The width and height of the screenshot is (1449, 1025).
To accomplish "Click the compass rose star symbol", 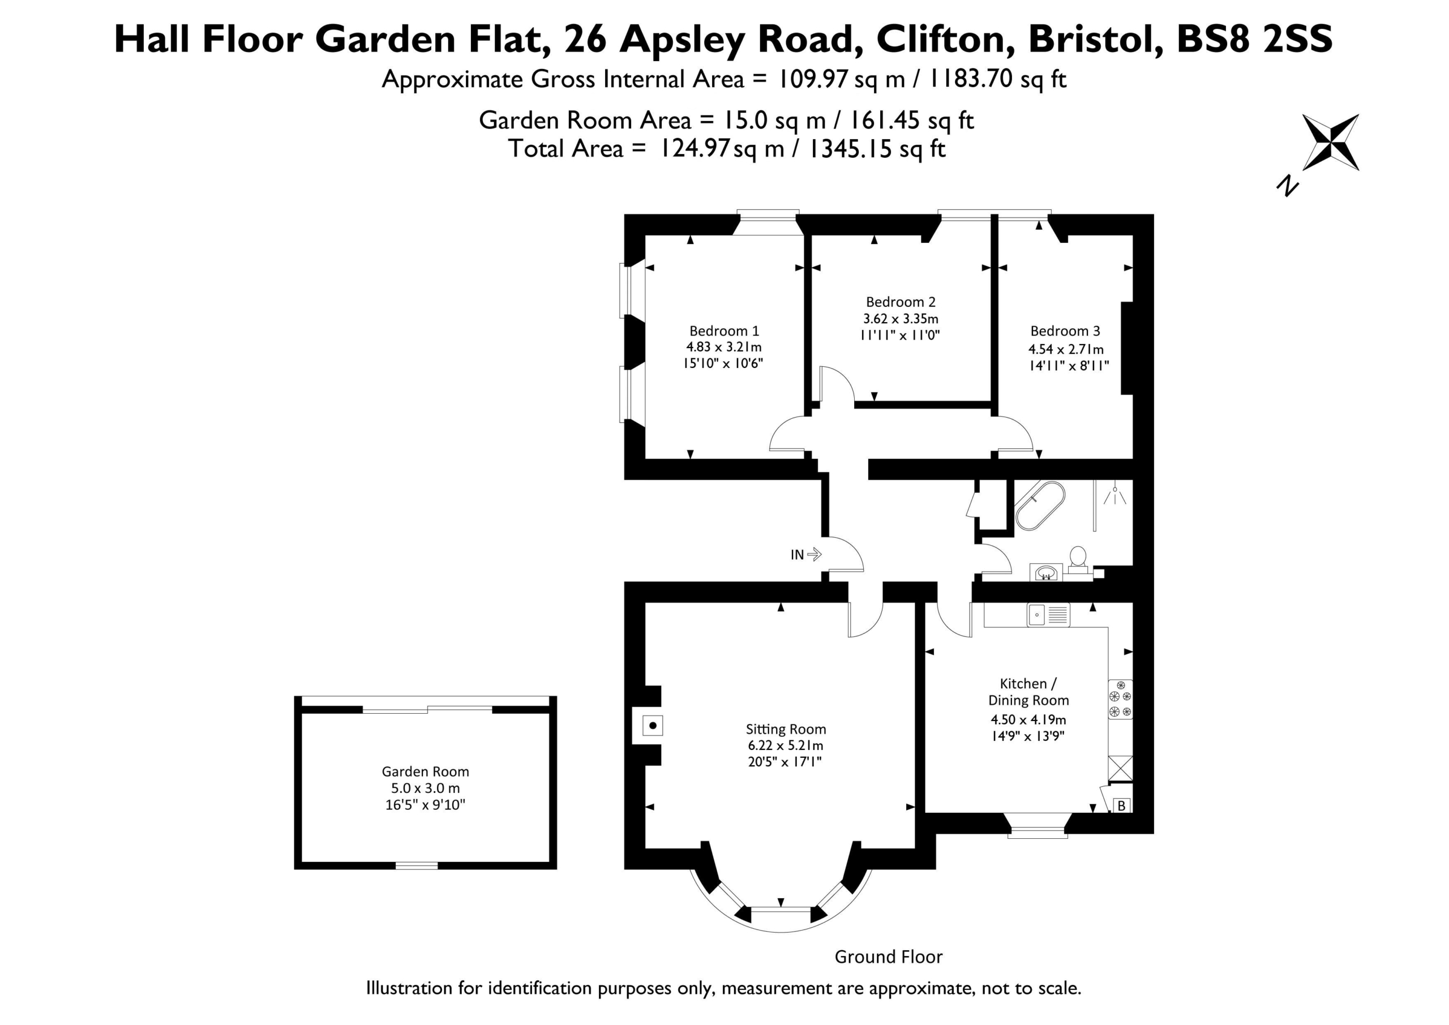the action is pos(1331,143).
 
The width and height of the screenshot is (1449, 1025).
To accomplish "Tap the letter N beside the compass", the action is pos(1288,186).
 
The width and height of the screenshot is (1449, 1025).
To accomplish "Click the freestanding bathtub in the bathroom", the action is pos(1040,505).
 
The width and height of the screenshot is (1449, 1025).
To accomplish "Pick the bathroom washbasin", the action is pos(1047,572).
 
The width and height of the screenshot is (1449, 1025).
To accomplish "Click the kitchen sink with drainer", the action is pos(1048,615).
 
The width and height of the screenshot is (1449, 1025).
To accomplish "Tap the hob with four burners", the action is pos(1120,700).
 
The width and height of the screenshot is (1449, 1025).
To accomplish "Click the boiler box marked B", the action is pos(1121,806).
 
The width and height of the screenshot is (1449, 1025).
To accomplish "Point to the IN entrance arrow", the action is pos(814,554).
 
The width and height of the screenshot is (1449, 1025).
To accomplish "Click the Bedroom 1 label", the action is pos(724,331).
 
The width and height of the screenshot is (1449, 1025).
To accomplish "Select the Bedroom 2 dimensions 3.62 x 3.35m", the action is pos(901,319).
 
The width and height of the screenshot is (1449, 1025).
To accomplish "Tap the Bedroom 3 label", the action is pos(1065,331).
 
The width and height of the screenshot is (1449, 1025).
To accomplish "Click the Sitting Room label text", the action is pos(786,729).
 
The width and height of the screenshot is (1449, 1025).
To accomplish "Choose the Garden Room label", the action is pos(425,771).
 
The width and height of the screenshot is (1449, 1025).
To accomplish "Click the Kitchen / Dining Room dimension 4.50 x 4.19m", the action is pos(1028,719).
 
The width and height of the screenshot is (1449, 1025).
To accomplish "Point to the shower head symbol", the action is pos(1115,495).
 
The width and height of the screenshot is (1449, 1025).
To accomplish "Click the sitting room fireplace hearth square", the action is pos(653,725).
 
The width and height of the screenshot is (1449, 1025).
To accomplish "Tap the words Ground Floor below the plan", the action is pos(889,957).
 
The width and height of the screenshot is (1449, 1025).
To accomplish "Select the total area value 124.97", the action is pos(695,148).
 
